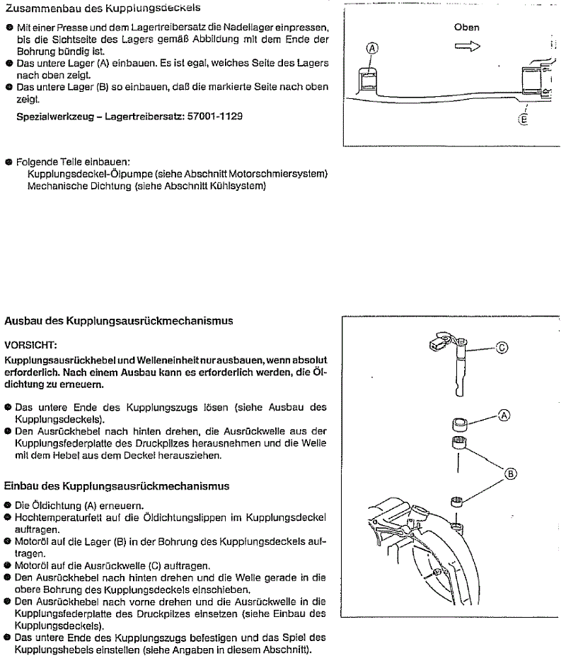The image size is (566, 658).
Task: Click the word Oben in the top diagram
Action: pos(467,28)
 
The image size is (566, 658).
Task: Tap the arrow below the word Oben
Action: pos(468,46)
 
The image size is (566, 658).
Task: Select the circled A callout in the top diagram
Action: pos(372,49)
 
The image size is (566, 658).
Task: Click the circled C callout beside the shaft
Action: pos(501,347)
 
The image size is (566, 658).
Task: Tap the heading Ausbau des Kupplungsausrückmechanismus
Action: pos(119,321)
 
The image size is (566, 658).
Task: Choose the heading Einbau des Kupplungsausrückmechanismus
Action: pos(117,486)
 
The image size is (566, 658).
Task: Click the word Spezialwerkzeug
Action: pos(54,116)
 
